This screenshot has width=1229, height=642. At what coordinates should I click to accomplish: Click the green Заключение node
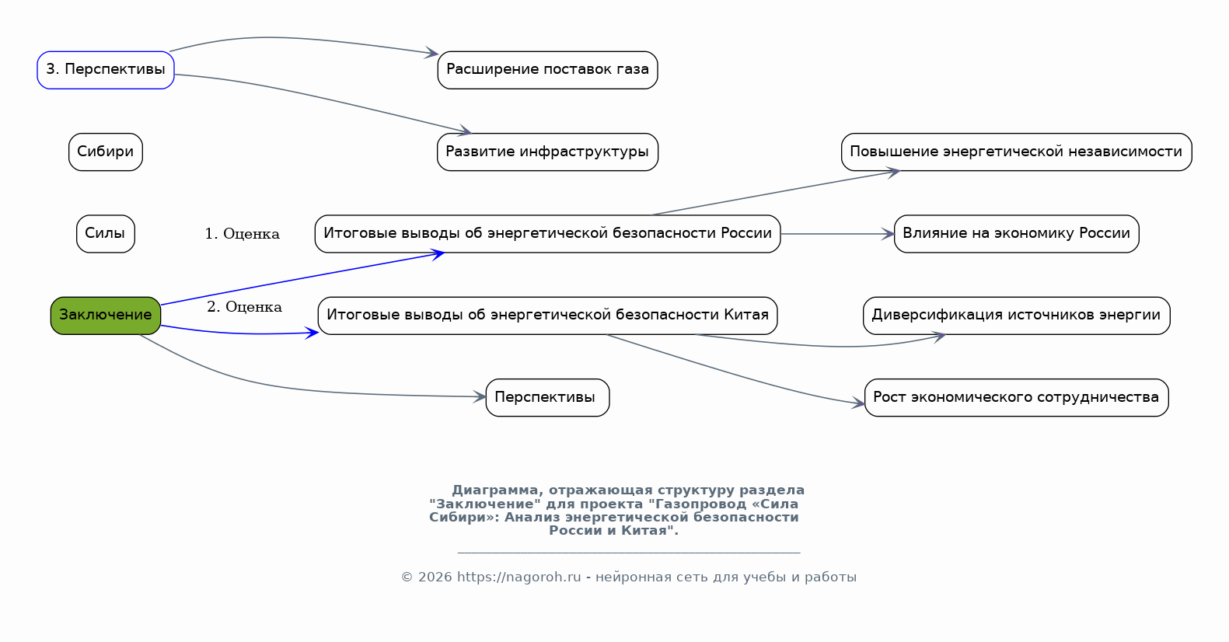[x=106, y=316]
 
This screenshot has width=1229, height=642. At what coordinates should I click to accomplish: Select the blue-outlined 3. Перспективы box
[x=106, y=70]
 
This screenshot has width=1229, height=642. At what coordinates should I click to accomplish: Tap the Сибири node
[x=106, y=152]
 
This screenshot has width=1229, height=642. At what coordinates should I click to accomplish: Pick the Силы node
[x=106, y=234]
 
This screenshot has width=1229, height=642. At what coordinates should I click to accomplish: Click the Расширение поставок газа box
[x=547, y=70]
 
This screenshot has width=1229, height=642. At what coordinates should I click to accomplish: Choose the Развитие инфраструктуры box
[x=547, y=152]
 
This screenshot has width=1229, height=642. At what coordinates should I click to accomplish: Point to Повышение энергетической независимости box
[x=1017, y=152]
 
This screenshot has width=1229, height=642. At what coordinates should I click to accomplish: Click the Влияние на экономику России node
[x=1017, y=234]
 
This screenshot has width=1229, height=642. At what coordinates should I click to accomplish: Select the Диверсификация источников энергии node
[x=1017, y=316]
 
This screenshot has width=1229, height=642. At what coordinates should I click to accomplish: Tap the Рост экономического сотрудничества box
[x=1017, y=397]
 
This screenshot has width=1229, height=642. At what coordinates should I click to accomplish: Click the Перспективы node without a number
[x=547, y=397]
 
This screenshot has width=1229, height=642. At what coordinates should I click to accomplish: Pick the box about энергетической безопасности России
[x=547, y=234]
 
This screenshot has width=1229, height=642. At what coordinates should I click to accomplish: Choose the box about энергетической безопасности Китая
[x=547, y=316]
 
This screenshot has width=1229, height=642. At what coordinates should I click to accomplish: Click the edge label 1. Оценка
[x=242, y=234]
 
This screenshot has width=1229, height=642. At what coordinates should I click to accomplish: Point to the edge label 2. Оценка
[x=244, y=307]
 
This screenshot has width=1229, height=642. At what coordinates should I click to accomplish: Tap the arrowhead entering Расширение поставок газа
[x=431, y=53]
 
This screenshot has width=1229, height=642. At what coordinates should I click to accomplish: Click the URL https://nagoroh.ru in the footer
[x=518, y=577]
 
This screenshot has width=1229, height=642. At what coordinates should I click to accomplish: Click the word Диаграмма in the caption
[x=497, y=490]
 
